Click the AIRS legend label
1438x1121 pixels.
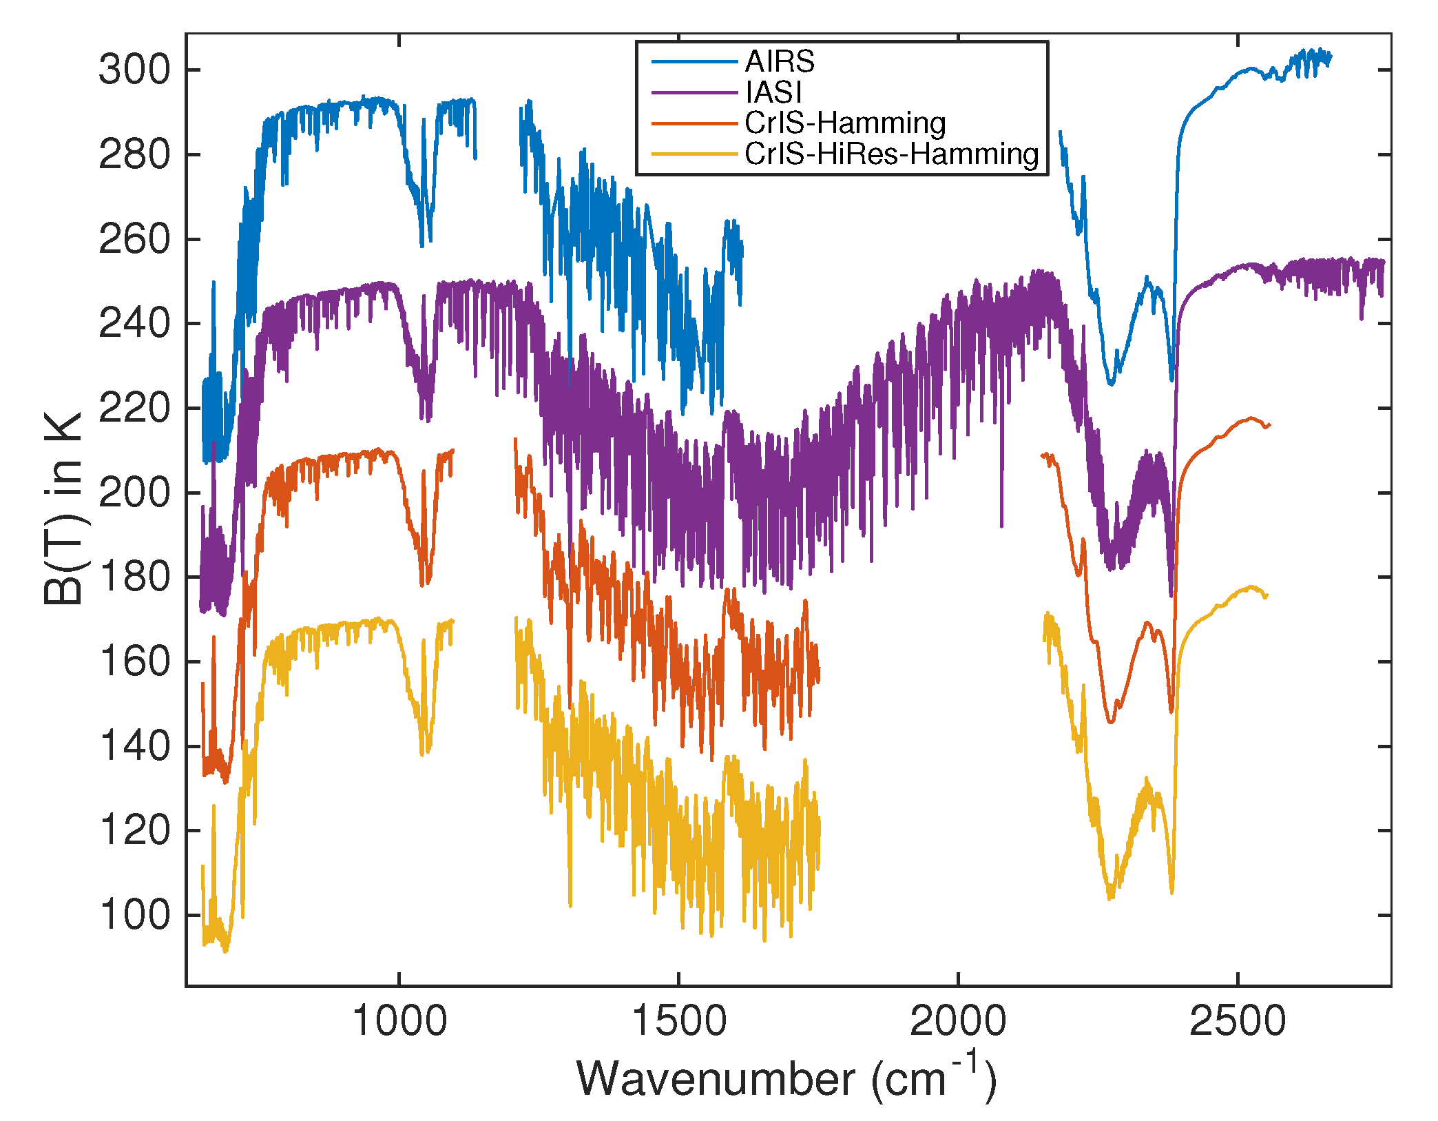pyautogui.click(x=779, y=62)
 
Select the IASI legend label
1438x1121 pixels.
pyautogui.click(x=773, y=92)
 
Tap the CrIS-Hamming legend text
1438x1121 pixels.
pyautogui.click(x=844, y=123)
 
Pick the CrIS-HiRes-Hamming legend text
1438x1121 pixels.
pyautogui.click(x=891, y=154)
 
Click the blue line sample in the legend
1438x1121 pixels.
pyautogui.click(x=694, y=62)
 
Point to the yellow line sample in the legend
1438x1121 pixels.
pyautogui.click(x=694, y=154)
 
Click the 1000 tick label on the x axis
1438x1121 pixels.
pyautogui.click(x=399, y=1021)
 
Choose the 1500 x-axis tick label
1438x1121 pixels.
pyautogui.click(x=678, y=1021)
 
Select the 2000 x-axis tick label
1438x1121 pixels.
pyautogui.click(x=958, y=1021)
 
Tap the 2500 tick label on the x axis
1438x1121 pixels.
pyautogui.click(x=1238, y=1021)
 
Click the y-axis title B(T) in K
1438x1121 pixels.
pyautogui.click(x=63, y=508)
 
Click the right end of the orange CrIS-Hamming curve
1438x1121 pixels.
pyautogui.click(x=1269, y=425)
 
